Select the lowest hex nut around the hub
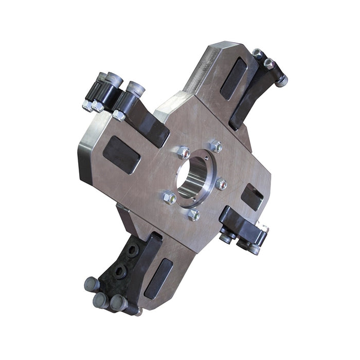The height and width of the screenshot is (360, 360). tap(193, 215)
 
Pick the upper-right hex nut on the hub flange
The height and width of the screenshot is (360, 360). tap(217, 147)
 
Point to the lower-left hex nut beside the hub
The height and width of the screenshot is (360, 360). tap(169, 197)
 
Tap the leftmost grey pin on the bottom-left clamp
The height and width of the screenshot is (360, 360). tap(91, 283)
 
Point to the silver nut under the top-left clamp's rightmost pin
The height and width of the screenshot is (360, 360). tap(119, 115)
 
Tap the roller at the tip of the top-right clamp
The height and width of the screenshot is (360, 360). tap(281, 80)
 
